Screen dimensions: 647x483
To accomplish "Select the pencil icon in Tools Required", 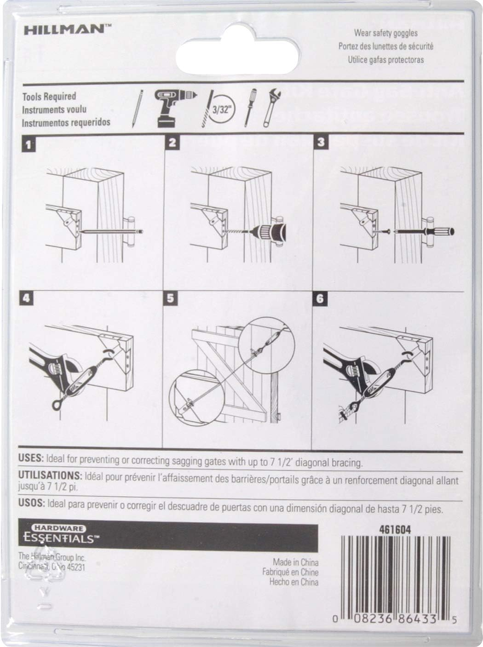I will point(136,108).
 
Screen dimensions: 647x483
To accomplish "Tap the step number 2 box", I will point(172,143).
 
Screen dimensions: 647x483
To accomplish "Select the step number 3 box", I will point(321,143).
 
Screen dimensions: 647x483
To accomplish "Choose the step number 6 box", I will point(320,299).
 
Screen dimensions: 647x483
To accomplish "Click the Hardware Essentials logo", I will point(60,534).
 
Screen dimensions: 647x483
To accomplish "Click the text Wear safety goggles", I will point(385,33).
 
